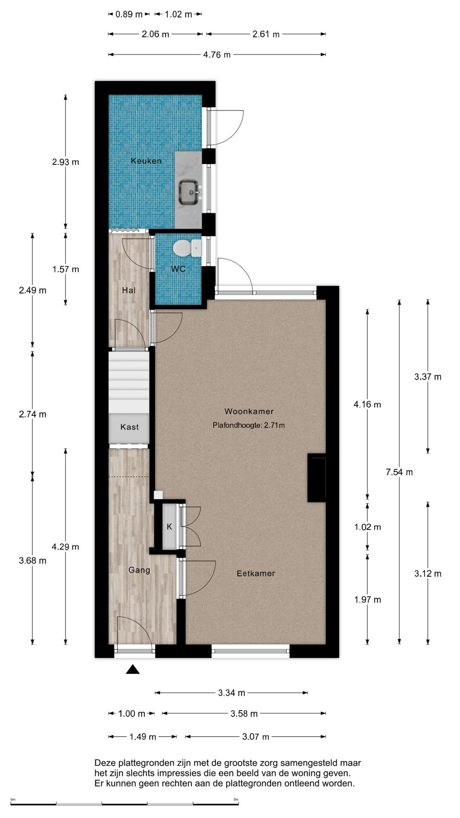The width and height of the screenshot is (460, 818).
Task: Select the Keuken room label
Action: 146,161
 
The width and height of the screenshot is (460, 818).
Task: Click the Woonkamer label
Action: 249,412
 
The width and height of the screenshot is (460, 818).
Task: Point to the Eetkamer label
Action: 256,573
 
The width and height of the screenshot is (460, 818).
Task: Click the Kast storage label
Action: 129,427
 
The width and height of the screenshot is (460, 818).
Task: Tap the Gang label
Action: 139,570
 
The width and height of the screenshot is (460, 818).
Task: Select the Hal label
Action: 129,291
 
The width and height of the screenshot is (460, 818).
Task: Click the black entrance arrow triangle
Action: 133,670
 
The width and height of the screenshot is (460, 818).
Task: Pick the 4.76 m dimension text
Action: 217,55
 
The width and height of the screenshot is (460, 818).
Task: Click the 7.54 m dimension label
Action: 399,472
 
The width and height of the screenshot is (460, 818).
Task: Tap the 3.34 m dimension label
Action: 232,693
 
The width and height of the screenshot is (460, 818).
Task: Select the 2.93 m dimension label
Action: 66,162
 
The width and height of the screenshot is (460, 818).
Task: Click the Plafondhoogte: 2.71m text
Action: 249,425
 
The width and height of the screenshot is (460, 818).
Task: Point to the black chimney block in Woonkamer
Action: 316,478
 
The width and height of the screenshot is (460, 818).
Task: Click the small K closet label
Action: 169,527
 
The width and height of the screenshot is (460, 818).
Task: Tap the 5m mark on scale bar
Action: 236,800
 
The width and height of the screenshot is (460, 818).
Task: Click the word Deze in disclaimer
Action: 104,763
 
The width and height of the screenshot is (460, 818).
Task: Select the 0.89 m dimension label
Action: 129,14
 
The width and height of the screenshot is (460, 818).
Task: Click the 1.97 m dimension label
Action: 368,600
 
